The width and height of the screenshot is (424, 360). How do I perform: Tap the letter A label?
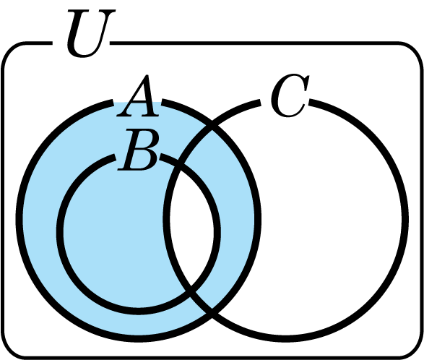coord(138,96)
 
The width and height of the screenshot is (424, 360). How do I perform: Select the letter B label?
coord(139,150)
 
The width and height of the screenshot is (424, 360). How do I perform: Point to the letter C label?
coord(290,95)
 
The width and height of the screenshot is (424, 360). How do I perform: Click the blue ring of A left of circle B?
coord(40,219)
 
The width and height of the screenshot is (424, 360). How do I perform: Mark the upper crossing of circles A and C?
coord(212,127)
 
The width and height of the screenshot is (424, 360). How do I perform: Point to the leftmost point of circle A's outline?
coord(19,219)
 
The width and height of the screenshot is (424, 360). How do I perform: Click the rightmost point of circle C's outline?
coord(405,219)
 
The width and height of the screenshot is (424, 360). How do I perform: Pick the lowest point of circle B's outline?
coord(139,312)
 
